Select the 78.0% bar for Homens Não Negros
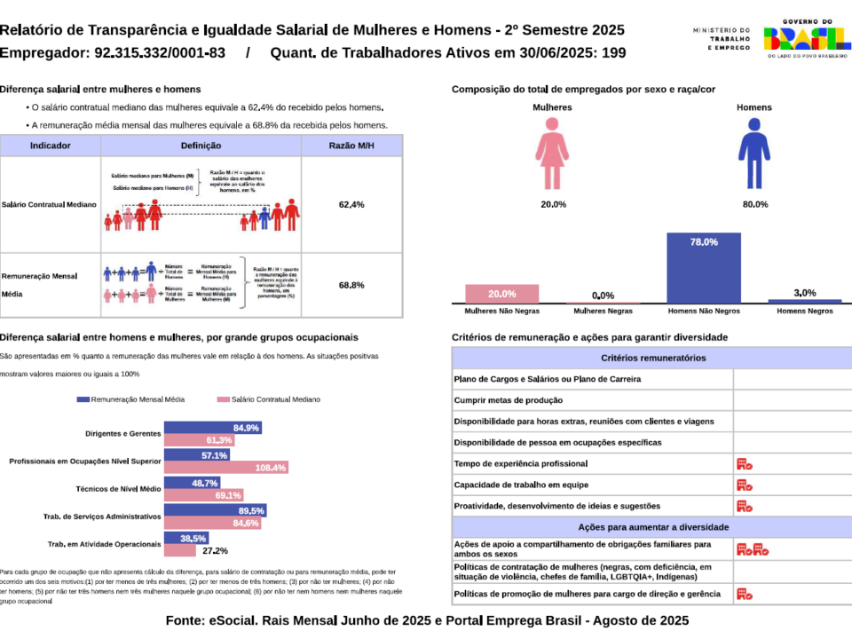[703, 268]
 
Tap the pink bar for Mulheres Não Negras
[501, 294]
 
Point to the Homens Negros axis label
[804, 312]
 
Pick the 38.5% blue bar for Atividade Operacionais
[186, 538]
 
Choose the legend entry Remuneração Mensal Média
[134, 400]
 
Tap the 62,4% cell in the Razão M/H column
[351, 205]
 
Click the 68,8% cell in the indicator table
[351, 286]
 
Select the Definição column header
[201, 146]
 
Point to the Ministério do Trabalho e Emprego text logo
[722, 39]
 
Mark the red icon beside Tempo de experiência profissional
[744, 464]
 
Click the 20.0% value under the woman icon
[552, 205]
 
